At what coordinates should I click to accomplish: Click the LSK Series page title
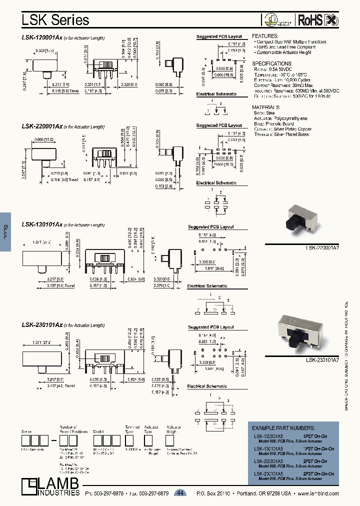55,19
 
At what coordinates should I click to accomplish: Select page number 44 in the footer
180,493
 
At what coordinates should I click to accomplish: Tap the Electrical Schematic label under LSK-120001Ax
216,94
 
